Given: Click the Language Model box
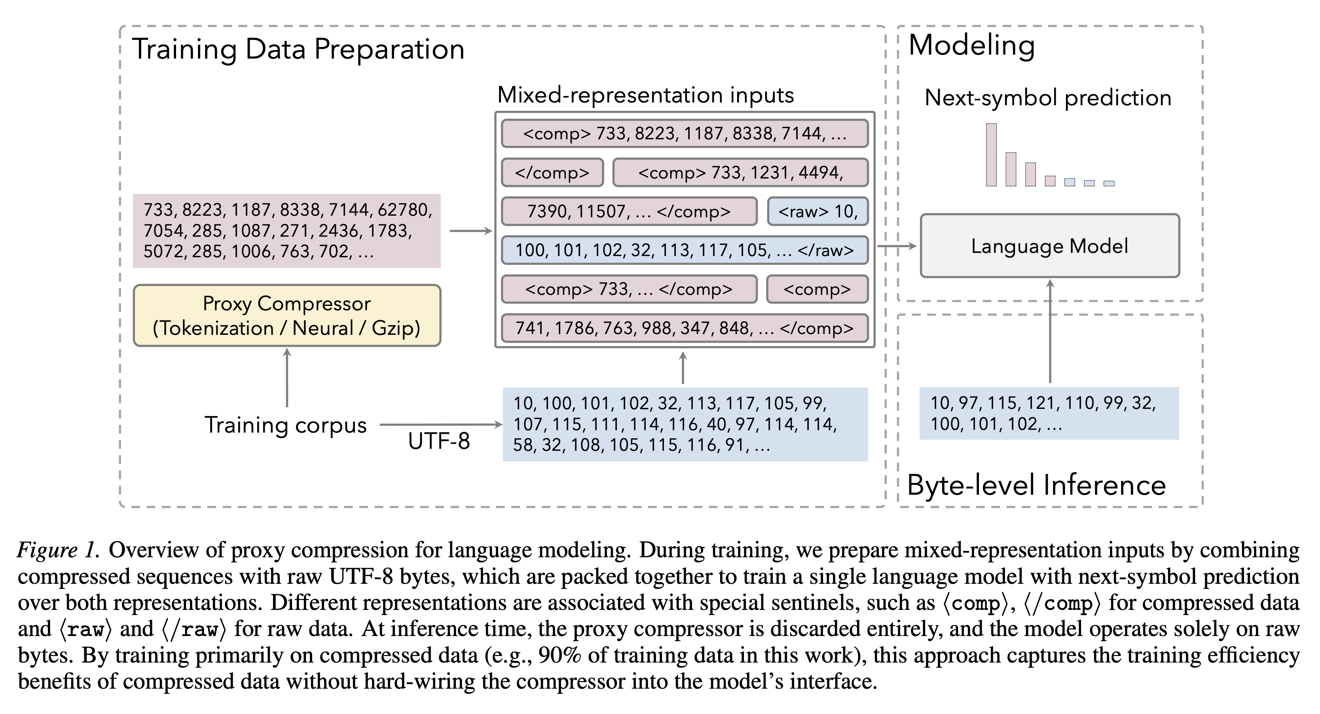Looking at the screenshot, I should coord(1049,246).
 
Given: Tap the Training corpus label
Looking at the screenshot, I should coord(285,425).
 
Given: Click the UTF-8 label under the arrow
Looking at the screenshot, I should coord(439,441).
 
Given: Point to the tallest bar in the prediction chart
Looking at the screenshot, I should coord(991,155).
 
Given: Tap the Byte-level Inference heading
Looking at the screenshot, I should coord(1036,485).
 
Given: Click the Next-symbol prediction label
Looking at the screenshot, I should coord(1048,97).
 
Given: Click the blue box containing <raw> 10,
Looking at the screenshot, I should coord(817,211).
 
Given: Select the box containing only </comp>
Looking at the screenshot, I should coord(552,172).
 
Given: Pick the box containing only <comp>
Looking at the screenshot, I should coord(817,289).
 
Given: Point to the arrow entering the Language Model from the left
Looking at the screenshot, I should coord(897,246).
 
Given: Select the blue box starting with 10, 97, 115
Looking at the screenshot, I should coord(1049,413).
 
